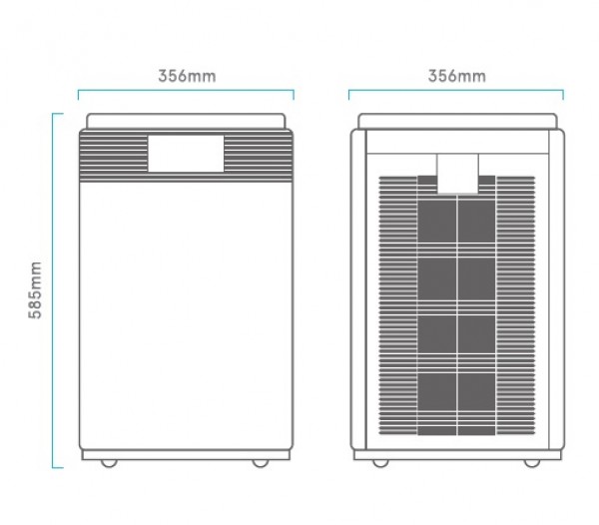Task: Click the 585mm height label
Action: pos(35,290)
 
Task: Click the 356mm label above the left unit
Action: pos(187,76)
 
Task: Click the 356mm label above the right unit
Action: pos(457,76)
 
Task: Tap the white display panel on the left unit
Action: pos(186,153)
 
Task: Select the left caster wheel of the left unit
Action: pos(109,463)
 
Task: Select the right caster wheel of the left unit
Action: pos(261,463)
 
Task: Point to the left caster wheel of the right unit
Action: pos(380,463)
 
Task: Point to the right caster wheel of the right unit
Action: pos(532,463)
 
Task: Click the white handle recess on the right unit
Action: pos(457,174)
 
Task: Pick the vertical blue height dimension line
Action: pos(53,290)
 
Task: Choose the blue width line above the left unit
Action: pos(186,91)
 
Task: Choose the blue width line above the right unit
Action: pos(456,91)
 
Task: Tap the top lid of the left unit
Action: pos(186,121)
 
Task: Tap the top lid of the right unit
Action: pos(457,121)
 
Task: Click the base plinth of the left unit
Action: pos(186,455)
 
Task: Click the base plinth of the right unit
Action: pos(457,455)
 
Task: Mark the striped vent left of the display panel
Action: pos(114,156)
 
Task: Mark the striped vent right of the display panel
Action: pos(259,156)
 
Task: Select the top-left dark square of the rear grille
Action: pos(436,221)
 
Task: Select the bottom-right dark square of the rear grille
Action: pos(477,391)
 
